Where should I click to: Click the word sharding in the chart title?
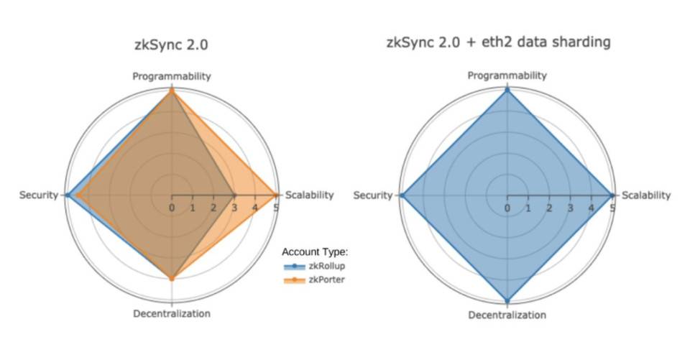(x=582, y=42)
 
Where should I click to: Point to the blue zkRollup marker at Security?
(x=66, y=195)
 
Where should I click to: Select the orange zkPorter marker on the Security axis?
(x=78, y=195)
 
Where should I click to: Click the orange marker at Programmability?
(x=171, y=91)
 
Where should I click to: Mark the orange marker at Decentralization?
(x=171, y=278)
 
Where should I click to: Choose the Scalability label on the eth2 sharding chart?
(x=645, y=195)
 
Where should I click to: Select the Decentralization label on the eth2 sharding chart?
(x=507, y=315)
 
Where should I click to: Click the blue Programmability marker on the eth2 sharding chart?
(x=507, y=90)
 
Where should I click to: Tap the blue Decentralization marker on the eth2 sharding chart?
(x=507, y=300)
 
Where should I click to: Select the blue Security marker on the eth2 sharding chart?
(x=402, y=195)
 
